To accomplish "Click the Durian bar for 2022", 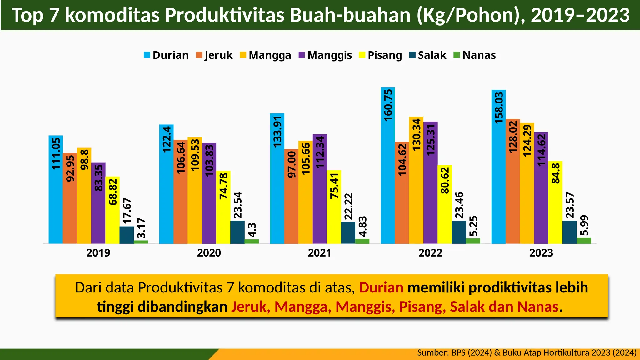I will tap(387, 166).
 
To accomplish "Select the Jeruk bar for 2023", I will tap(513, 181).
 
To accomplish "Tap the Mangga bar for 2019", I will tap(84, 195).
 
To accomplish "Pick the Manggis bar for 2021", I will tap(320, 189).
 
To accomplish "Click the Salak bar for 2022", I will tap(459, 232).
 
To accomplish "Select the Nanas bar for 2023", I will tap(584, 241).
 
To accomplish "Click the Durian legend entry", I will tap(166, 55).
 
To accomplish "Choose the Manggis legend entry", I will tap(325, 55).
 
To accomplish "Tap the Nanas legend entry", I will tap(475, 55).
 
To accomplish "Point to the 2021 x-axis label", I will tap(319, 252).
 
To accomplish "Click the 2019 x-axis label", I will tap(98, 252).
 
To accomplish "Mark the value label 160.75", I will tap(388, 105).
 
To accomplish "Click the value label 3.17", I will tap(141, 228).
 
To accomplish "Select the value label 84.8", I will tap(555, 174).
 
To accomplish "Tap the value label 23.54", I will tap(237, 205).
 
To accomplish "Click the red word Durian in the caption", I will tap(381, 288).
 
